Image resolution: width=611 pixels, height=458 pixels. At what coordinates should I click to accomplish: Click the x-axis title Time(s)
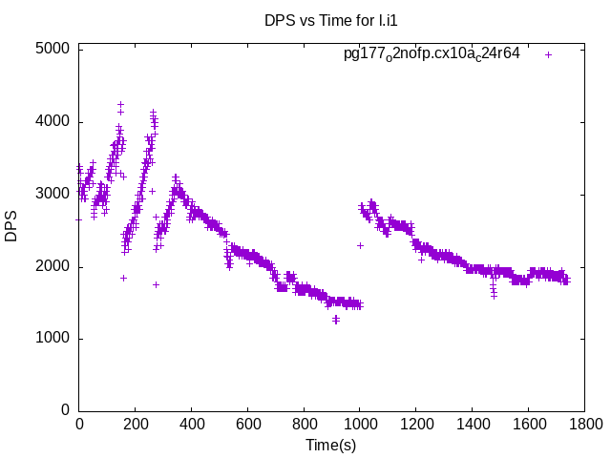point(331,446)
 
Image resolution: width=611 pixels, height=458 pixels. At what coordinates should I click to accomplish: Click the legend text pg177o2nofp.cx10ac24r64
point(432,54)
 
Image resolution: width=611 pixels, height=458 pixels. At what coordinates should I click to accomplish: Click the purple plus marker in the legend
point(548,54)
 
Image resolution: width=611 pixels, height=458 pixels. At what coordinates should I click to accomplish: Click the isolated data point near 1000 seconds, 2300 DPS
point(360,245)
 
